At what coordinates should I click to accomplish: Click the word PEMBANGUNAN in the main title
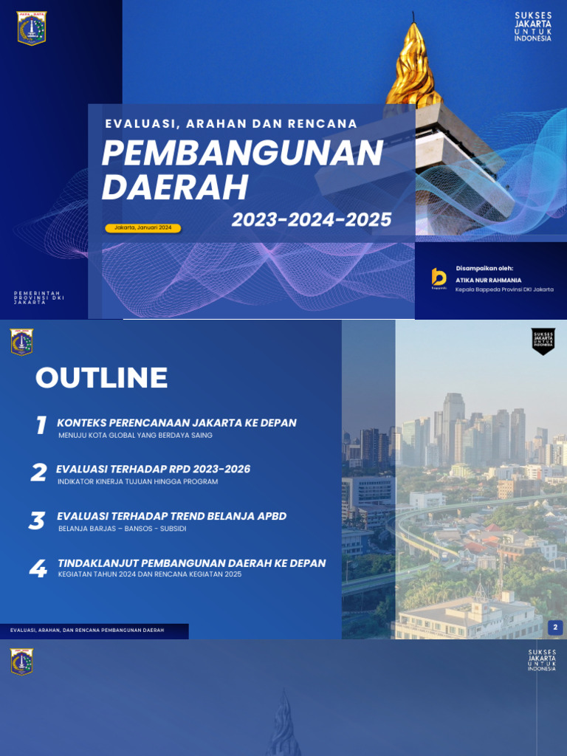[242, 154]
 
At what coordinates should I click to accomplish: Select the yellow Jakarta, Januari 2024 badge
[143, 227]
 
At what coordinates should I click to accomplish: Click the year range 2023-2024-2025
[311, 219]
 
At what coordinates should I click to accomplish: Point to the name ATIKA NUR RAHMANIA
[489, 281]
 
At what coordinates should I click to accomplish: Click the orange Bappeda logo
[439, 278]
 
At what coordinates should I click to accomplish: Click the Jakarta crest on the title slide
[31, 28]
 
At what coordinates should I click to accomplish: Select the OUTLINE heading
[101, 378]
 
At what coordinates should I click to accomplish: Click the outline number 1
[41, 425]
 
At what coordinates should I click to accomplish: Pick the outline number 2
[38, 472]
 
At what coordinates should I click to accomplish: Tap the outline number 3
[37, 520]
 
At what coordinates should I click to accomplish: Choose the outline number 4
[37, 568]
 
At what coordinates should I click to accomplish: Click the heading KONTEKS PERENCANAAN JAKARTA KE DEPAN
[176, 423]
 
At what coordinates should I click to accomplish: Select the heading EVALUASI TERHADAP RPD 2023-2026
[154, 470]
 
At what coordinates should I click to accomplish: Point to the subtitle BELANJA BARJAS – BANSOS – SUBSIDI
[126, 529]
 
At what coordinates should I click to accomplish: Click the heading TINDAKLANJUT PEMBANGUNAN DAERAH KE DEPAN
[191, 563]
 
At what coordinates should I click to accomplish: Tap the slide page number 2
[555, 628]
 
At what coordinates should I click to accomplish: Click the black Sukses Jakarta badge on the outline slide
[543, 340]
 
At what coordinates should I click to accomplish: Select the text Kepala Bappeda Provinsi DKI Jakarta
[504, 289]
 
